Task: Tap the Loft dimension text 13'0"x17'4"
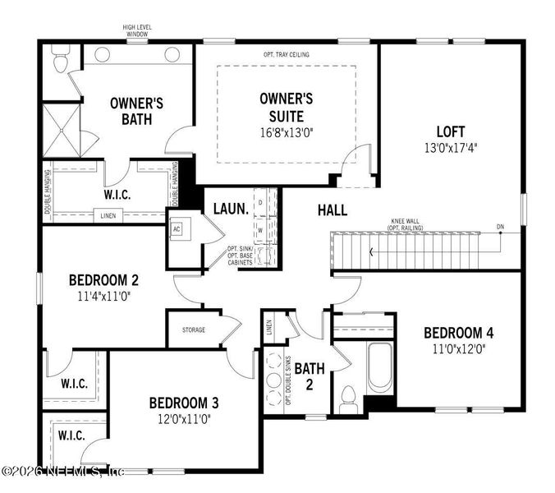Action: coord(450,149)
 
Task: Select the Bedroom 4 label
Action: coord(458,333)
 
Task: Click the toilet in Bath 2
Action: coord(347,397)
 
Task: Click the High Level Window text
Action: coord(136,30)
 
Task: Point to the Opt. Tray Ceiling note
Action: coord(287,54)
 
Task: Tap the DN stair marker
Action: coord(500,226)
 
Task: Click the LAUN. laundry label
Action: coord(230,210)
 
